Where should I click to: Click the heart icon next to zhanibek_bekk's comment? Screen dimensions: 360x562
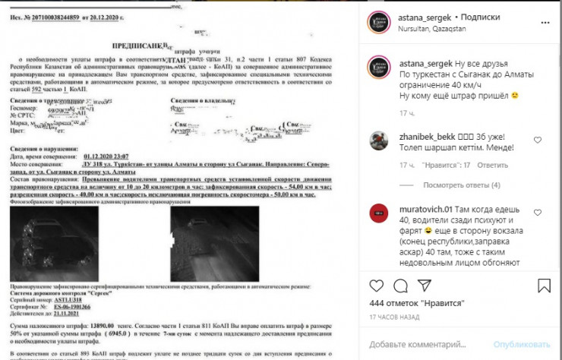(x=538, y=141)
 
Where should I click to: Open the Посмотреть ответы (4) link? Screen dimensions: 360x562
(x=461, y=185)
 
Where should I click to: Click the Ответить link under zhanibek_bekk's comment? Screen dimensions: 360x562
(x=495, y=165)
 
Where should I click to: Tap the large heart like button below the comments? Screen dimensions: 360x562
(x=377, y=286)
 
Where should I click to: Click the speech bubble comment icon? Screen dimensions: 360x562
(x=403, y=286)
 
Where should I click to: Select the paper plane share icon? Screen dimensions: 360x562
(x=430, y=286)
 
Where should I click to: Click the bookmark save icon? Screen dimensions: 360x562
(x=544, y=286)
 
